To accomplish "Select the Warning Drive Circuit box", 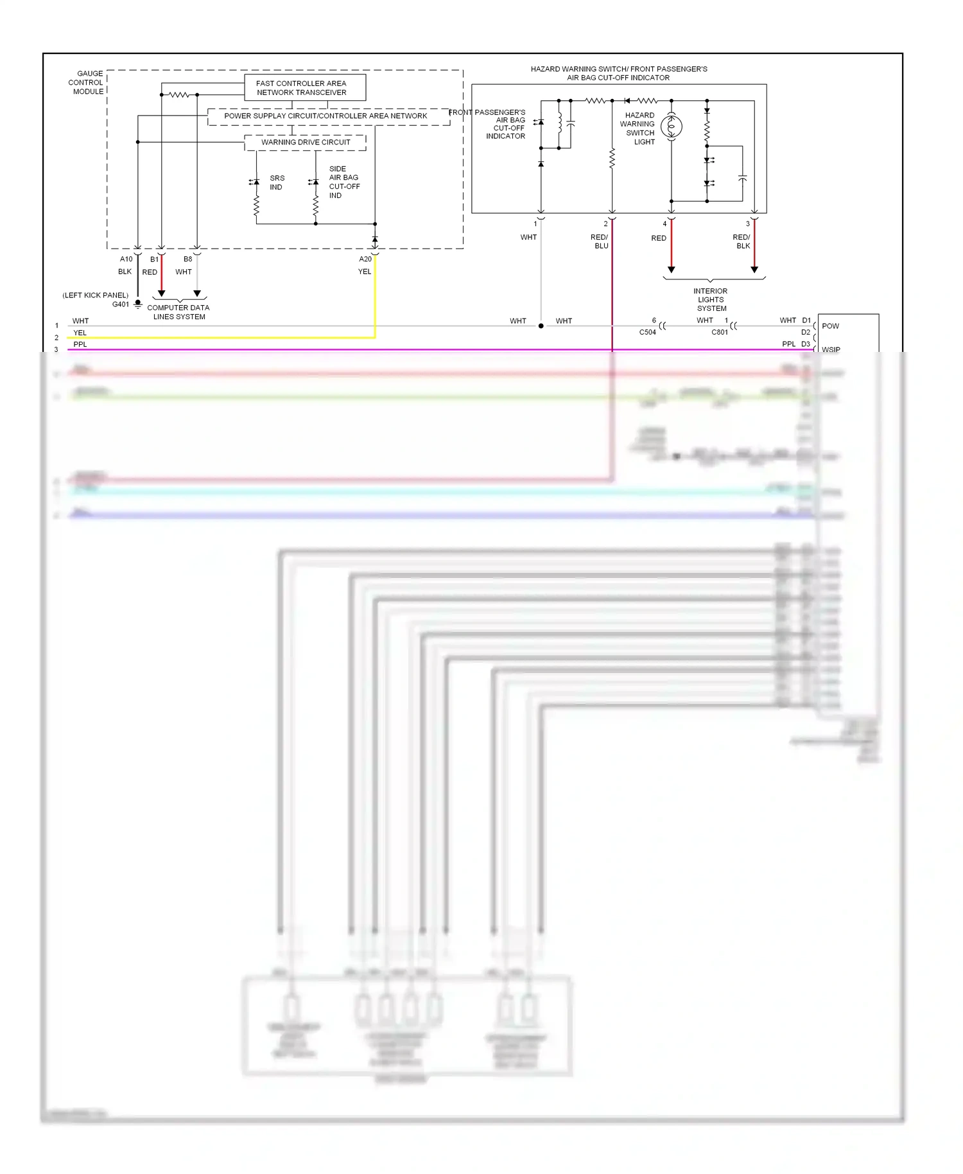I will [306, 142].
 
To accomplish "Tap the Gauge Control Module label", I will [86, 83].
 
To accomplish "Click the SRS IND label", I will [277, 182].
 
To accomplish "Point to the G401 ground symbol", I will [138, 305].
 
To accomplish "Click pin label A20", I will [365, 259].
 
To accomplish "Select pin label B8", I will [187, 259].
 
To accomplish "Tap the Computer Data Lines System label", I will [178, 312].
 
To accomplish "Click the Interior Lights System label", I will [711, 299].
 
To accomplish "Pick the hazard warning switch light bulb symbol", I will [672, 127].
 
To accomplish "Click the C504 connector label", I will [647, 332].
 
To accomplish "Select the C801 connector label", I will [720, 332].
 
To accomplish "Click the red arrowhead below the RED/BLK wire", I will [754, 270].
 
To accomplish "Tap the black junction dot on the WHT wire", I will [541, 326].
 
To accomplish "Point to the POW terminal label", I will [830, 326].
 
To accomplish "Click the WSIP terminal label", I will [831, 349].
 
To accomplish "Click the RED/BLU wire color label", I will [600, 241].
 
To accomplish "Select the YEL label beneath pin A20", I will [365, 272].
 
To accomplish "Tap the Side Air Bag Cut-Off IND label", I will [344, 182].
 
